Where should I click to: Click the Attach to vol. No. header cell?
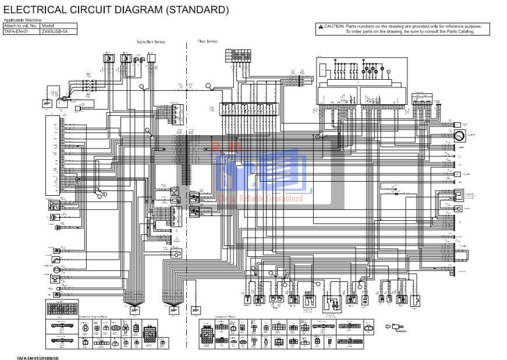pos(20,26)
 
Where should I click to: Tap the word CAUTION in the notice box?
pos(334,26)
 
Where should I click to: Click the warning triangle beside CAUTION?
pos(321,26)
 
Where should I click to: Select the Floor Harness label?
pos(207,42)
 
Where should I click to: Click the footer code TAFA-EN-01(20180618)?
pos(37,357)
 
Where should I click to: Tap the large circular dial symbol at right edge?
pos(459,137)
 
